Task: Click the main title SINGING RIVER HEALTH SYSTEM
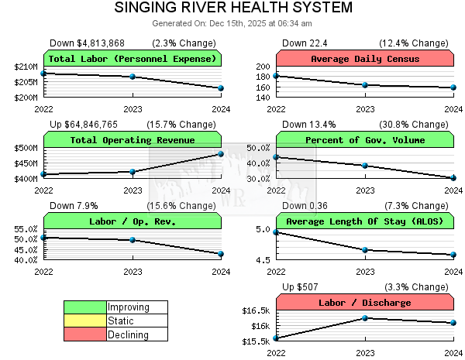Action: click(232, 8)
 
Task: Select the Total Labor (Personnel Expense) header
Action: click(133, 59)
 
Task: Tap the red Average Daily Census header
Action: click(364, 59)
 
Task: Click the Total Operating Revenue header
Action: click(133, 140)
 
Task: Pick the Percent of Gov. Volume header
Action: click(364, 140)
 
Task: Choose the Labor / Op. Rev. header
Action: click(133, 221)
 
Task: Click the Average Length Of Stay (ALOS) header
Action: click(364, 221)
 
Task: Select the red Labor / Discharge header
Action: click(364, 303)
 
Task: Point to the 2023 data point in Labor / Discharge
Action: click(365, 318)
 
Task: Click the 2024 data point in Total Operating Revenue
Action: click(221, 154)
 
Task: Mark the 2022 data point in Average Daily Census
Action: click(277, 76)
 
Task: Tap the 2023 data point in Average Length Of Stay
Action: click(365, 249)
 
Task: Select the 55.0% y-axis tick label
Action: click(26, 229)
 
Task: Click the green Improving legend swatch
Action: click(85, 307)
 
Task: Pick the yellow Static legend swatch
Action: click(85, 321)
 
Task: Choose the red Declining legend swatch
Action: click(85, 334)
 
